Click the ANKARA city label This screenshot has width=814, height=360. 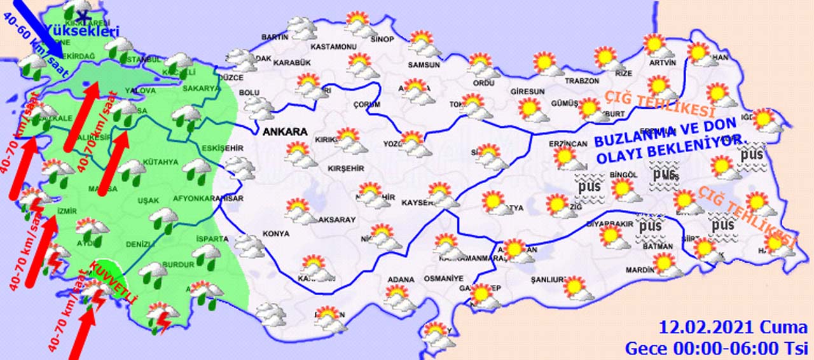pyautogui.click(x=284, y=132)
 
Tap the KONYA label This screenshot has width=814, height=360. pyautogui.click(x=275, y=233)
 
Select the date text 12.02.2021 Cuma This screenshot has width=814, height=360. pyautogui.click(x=733, y=328)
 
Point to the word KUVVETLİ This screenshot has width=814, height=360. pyautogui.click(x=114, y=280)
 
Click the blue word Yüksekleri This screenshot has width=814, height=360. pyautogui.click(x=93, y=31)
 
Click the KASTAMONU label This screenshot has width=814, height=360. pyautogui.click(x=332, y=46)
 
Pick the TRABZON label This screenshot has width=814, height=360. pyautogui.click(x=582, y=81)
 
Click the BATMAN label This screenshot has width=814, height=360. pyautogui.click(x=657, y=246)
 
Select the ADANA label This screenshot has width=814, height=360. pyautogui.click(x=401, y=279)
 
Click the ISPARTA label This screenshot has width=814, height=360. pyautogui.click(x=212, y=239)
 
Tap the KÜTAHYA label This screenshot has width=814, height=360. pyautogui.click(x=160, y=162)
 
